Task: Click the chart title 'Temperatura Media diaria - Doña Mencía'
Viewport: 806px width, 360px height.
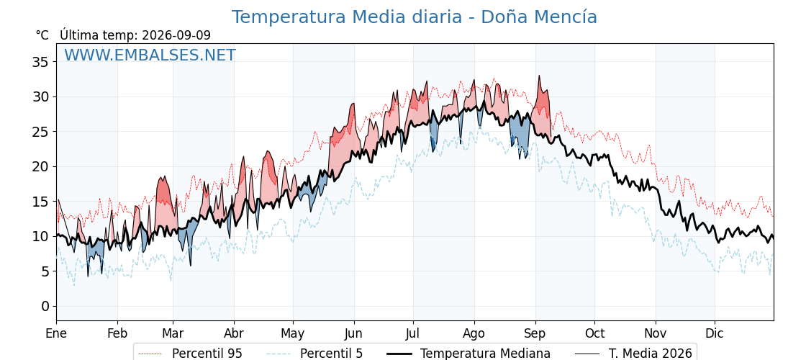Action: [414, 17]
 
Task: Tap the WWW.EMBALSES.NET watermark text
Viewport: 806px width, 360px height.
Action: [150, 55]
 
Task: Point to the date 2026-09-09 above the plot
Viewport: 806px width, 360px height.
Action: [176, 35]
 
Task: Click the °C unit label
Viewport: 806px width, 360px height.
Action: [42, 35]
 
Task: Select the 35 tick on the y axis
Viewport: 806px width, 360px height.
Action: [41, 62]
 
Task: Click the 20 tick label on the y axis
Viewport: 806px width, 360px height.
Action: [41, 166]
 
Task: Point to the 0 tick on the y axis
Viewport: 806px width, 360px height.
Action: [45, 306]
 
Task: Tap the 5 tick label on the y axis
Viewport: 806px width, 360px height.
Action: [45, 271]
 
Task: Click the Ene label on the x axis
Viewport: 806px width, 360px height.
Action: [56, 333]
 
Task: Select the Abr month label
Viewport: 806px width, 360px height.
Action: [234, 333]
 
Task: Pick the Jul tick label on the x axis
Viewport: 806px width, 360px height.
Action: [413, 333]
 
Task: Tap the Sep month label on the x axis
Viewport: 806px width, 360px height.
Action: [535, 333]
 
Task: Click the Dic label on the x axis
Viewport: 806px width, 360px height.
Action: [715, 333]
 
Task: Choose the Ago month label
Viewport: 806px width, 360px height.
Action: [474, 333]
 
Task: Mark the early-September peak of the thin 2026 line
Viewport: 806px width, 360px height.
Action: [539, 76]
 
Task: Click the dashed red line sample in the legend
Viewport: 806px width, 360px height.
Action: [150, 354]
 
